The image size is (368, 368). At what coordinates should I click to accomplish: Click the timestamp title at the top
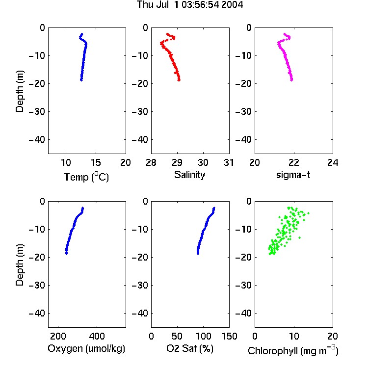pyautogui.click(x=190, y=5)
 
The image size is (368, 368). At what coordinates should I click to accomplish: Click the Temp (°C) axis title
pyautogui.click(x=86, y=177)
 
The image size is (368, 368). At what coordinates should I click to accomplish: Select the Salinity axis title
pyautogui.click(x=189, y=175)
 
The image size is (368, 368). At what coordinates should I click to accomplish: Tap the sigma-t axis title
pyautogui.click(x=293, y=175)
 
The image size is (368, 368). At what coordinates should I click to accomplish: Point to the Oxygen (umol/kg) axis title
pyautogui.click(x=86, y=348)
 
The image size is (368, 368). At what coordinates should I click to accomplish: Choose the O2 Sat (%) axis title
pyautogui.click(x=190, y=348)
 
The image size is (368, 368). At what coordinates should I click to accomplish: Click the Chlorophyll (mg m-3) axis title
pyautogui.click(x=293, y=350)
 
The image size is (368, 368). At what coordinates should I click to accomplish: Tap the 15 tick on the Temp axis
pyautogui.click(x=96, y=162)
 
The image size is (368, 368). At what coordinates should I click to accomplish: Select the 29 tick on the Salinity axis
pyautogui.click(x=177, y=162)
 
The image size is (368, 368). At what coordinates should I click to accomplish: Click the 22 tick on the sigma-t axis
pyautogui.click(x=293, y=162)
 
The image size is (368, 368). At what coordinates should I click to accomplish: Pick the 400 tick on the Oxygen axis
pyautogui.click(x=97, y=336)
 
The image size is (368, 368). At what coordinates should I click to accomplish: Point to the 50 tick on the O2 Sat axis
pyautogui.click(x=177, y=336)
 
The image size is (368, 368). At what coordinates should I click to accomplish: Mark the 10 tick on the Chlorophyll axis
pyautogui.click(x=293, y=336)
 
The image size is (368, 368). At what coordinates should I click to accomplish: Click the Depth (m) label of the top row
pyautogui.click(x=20, y=91)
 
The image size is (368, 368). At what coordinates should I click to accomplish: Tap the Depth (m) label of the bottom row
pyautogui.click(x=20, y=265)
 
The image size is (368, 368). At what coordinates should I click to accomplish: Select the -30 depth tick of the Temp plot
pyautogui.click(x=37, y=112)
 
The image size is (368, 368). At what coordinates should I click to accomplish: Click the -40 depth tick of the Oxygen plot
pyautogui.click(x=37, y=313)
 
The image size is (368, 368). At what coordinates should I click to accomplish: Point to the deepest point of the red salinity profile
pyautogui.click(x=179, y=80)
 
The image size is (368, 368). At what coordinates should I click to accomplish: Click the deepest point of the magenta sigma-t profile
pyautogui.click(x=291, y=80)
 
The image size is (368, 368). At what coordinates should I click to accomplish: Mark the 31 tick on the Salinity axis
pyautogui.click(x=229, y=162)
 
